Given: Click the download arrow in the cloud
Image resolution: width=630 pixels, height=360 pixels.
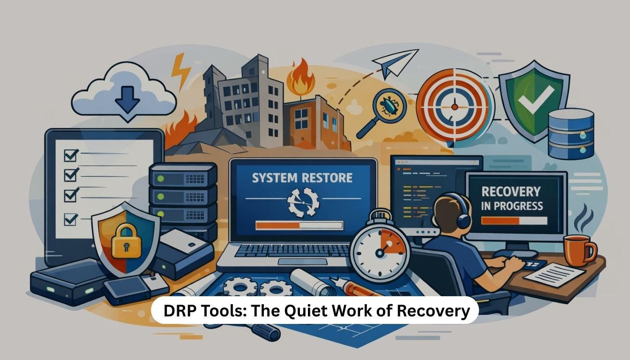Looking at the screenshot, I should pyautogui.click(x=127, y=100).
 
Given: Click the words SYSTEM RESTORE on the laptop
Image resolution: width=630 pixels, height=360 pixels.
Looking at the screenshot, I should pyautogui.click(x=302, y=178).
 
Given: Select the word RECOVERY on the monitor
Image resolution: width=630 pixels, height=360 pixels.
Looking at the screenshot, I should pyautogui.click(x=510, y=191).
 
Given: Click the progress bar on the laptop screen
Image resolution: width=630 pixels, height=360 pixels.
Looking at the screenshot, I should pyautogui.click(x=299, y=225).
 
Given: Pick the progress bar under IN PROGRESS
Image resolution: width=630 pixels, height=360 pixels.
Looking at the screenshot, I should pyautogui.click(x=514, y=220).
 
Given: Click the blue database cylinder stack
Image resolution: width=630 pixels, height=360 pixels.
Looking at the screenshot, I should pyautogui.click(x=570, y=133).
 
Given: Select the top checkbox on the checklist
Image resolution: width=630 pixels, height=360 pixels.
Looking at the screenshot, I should pyautogui.click(x=71, y=154).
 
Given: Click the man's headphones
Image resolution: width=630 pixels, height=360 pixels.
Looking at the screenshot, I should pyautogui.click(x=462, y=217).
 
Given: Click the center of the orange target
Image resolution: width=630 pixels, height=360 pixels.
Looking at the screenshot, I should pyautogui.click(x=454, y=107).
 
